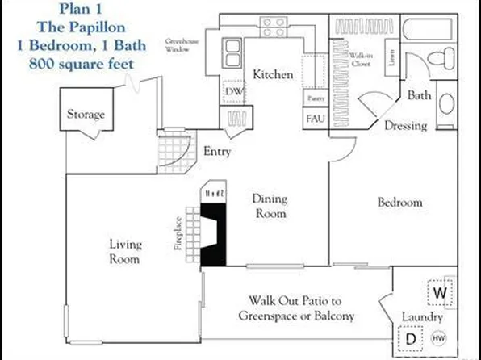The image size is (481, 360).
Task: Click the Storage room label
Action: coord(86,115)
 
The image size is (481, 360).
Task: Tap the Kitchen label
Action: coord(273,75)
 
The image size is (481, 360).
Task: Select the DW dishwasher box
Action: coord(233,93)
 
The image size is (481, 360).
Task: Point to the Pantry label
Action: coord(315,98)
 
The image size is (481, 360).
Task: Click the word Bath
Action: coord(419,95)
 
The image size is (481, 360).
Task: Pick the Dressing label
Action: coord(404,126)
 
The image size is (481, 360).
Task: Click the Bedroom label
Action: coord(399,202)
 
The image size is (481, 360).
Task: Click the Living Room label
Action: coord(124,252)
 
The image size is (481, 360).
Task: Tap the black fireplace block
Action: coord(213,235)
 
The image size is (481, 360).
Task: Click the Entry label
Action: coord(217,151)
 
